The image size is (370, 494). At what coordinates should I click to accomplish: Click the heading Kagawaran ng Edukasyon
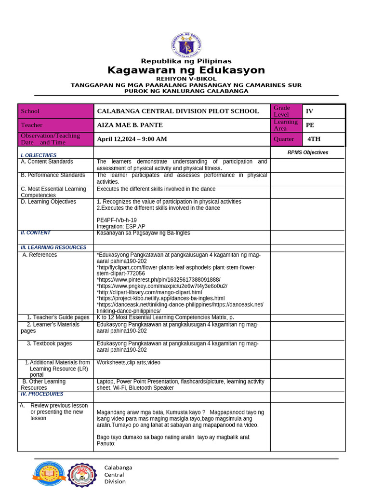click(x=186, y=70)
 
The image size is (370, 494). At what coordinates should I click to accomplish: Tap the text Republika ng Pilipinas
click(x=186, y=61)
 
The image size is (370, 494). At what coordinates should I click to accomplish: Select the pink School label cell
click(x=55, y=111)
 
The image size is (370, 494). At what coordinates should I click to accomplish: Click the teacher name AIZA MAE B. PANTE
click(x=130, y=125)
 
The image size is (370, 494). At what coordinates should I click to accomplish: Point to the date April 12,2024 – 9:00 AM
click(x=132, y=139)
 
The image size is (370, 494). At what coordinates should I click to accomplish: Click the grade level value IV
click(x=309, y=111)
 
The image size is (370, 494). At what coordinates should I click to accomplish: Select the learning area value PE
click(x=310, y=125)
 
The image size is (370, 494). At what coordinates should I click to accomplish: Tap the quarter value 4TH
click(x=314, y=139)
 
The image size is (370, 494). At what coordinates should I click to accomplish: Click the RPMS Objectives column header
click(x=308, y=152)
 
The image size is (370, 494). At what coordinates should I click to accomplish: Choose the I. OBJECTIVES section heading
click(x=39, y=155)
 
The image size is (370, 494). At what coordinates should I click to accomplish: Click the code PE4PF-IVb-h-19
click(x=117, y=220)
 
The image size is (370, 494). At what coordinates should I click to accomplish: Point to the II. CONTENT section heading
click(x=35, y=233)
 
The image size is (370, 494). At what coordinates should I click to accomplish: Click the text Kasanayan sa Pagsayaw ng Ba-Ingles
click(x=143, y=233)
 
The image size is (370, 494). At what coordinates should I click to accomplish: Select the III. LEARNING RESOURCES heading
click(x=53, y=247)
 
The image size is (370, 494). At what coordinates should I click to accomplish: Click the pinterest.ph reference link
click(x=159, y=280)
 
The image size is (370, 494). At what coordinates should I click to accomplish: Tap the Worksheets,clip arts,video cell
click(x=129, y=362)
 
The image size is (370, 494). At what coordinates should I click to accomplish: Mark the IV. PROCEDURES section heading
click(x=42, y=394)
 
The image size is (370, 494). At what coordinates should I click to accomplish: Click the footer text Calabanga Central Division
click(x=118, y=474)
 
